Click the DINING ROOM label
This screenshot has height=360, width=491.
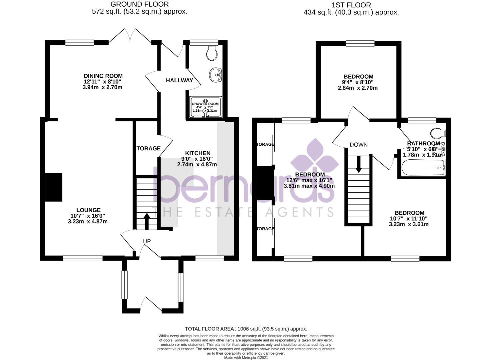[x=103, y=76]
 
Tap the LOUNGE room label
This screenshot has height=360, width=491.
[x=88, y=210]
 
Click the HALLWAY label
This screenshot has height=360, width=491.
[x=179, y=80]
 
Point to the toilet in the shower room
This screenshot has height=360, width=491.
[x=212, y=53]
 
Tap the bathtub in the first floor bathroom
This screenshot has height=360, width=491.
[x=423, y=167]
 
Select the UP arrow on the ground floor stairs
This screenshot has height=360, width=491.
[x=147, y=221]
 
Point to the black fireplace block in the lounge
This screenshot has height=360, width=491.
[x=54, y=187]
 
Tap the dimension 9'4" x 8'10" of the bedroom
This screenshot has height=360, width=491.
[x=358, y=82]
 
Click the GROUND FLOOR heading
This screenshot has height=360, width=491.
[x=140, y=4]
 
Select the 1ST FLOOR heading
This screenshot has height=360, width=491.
[x=351, y=5]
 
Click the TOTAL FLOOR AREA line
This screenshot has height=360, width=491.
[x=246, y=329]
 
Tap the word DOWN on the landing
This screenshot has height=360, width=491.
[x=358, y=145]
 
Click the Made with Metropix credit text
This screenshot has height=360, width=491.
[x=246, y=358]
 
